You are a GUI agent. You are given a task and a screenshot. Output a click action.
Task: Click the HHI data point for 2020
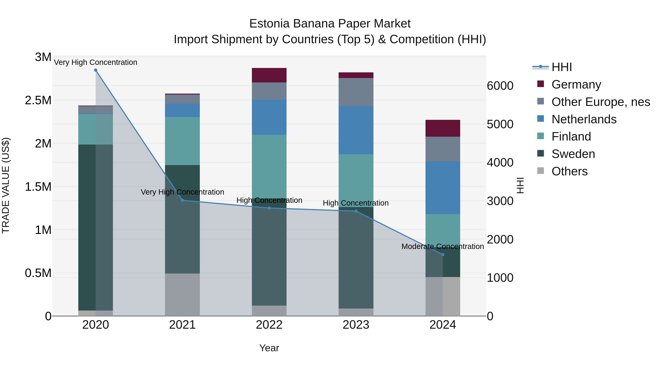[96, 70]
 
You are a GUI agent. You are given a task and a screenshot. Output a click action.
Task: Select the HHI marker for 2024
[443, 254]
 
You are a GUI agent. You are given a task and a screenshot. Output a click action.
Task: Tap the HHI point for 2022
[269, 208]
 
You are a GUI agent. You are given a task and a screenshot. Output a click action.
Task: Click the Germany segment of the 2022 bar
[269, 75]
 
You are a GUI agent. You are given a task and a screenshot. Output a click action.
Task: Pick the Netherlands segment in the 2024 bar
[443, 188]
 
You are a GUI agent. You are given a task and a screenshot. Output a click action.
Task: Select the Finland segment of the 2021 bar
[182, 141]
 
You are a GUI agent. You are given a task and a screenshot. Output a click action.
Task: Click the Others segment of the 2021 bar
[182, 294]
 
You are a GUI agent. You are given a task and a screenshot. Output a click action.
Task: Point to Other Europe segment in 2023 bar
[356, 92]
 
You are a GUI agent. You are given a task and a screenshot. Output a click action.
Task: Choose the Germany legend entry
[576, 84]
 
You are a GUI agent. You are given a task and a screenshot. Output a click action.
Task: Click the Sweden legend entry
[573, 154]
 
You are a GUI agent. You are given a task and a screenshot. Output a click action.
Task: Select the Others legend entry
[569, 171]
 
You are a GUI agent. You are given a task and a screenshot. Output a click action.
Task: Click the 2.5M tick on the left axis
[38, 100]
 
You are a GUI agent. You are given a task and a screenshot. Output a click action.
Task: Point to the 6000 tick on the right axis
[500, 86]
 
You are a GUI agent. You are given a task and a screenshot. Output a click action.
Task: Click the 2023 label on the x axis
[356, 325]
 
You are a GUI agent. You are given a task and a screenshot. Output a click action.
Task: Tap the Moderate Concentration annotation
[443, 246]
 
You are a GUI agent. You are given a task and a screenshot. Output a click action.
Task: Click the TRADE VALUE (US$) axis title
[6, 185]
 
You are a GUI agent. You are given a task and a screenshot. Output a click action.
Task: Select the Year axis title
[269, 348]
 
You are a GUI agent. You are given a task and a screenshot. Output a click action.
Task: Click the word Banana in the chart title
[314, 24]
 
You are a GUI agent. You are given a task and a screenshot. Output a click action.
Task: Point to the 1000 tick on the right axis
[500, 278]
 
